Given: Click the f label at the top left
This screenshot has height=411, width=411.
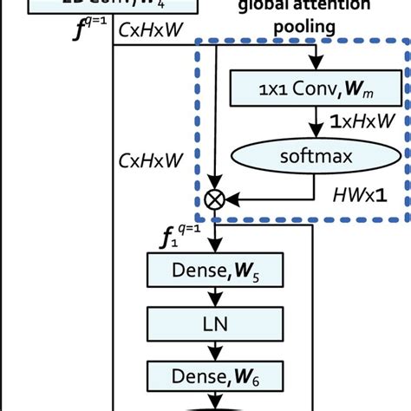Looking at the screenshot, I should point(88,35).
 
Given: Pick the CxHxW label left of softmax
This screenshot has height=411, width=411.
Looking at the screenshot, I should point(150,160).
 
